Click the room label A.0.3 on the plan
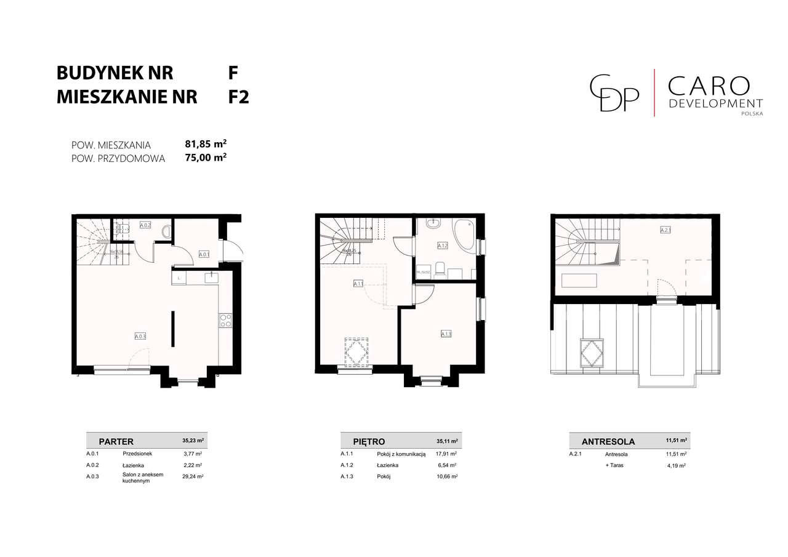(x=140, y=336)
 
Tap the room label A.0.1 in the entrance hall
(x=204, y=254)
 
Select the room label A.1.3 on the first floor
(x=446, y=334)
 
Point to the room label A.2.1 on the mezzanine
(x=665, y=231)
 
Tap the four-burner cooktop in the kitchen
(x=225, y=320)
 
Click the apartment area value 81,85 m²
(x=206, y=144)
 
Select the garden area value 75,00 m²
(x=206, y=158)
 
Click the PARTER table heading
(x=116, y=441)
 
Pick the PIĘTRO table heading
(x=369, y=441)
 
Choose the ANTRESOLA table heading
(x=608, y=441)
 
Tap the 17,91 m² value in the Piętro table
(x=447, y=454)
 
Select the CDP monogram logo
(x=614, y=93)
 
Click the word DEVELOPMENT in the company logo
(x=715, y=103)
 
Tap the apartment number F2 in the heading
(x=238, y=97)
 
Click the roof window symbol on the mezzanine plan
(x=592, y=353)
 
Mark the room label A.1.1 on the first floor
(x=358, y=284)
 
